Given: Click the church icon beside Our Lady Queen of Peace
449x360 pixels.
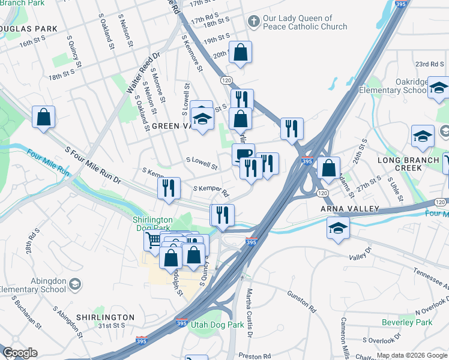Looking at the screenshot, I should point(253,22).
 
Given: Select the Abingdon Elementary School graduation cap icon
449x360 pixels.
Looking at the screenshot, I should point(75,283).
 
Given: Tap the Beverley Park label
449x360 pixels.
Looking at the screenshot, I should point(406,322).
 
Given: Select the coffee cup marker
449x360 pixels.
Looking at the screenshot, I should point(243,154).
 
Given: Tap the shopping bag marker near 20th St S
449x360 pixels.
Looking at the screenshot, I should point(240,52).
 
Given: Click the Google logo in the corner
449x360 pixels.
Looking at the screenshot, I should point(20,353).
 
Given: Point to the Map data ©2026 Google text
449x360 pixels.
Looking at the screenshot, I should point(411,355).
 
